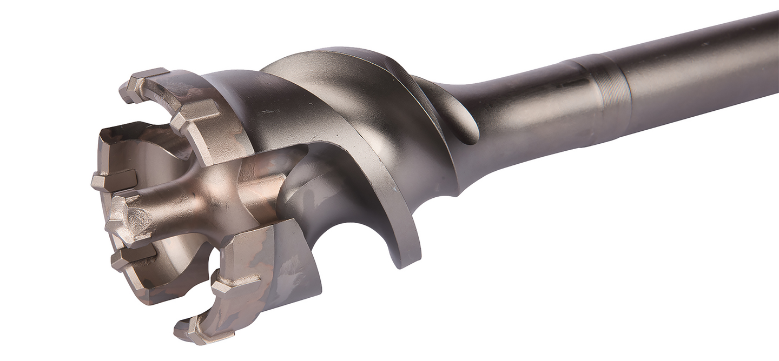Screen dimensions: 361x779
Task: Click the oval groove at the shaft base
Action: (x=460, y=113)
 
